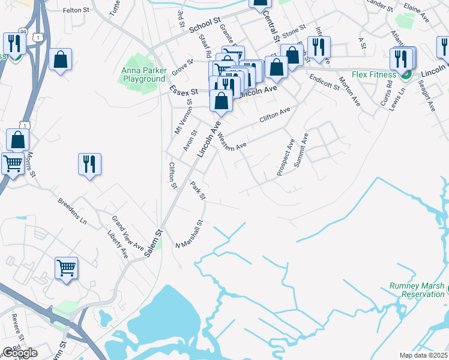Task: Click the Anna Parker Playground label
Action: coord(143,74)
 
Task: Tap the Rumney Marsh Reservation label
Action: coord(417,290)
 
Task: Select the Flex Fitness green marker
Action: coord(406,74)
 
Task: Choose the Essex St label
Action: coord(184,92)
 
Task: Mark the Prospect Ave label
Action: coord(286,158)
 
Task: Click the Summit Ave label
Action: coord(301,148)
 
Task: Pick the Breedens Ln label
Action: coord(73,211)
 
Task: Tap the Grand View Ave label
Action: coord(128,233)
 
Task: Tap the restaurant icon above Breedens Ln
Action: coord(89,164)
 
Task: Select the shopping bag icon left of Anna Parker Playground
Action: coord(61,59)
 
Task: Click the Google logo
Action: coord(20,353)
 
